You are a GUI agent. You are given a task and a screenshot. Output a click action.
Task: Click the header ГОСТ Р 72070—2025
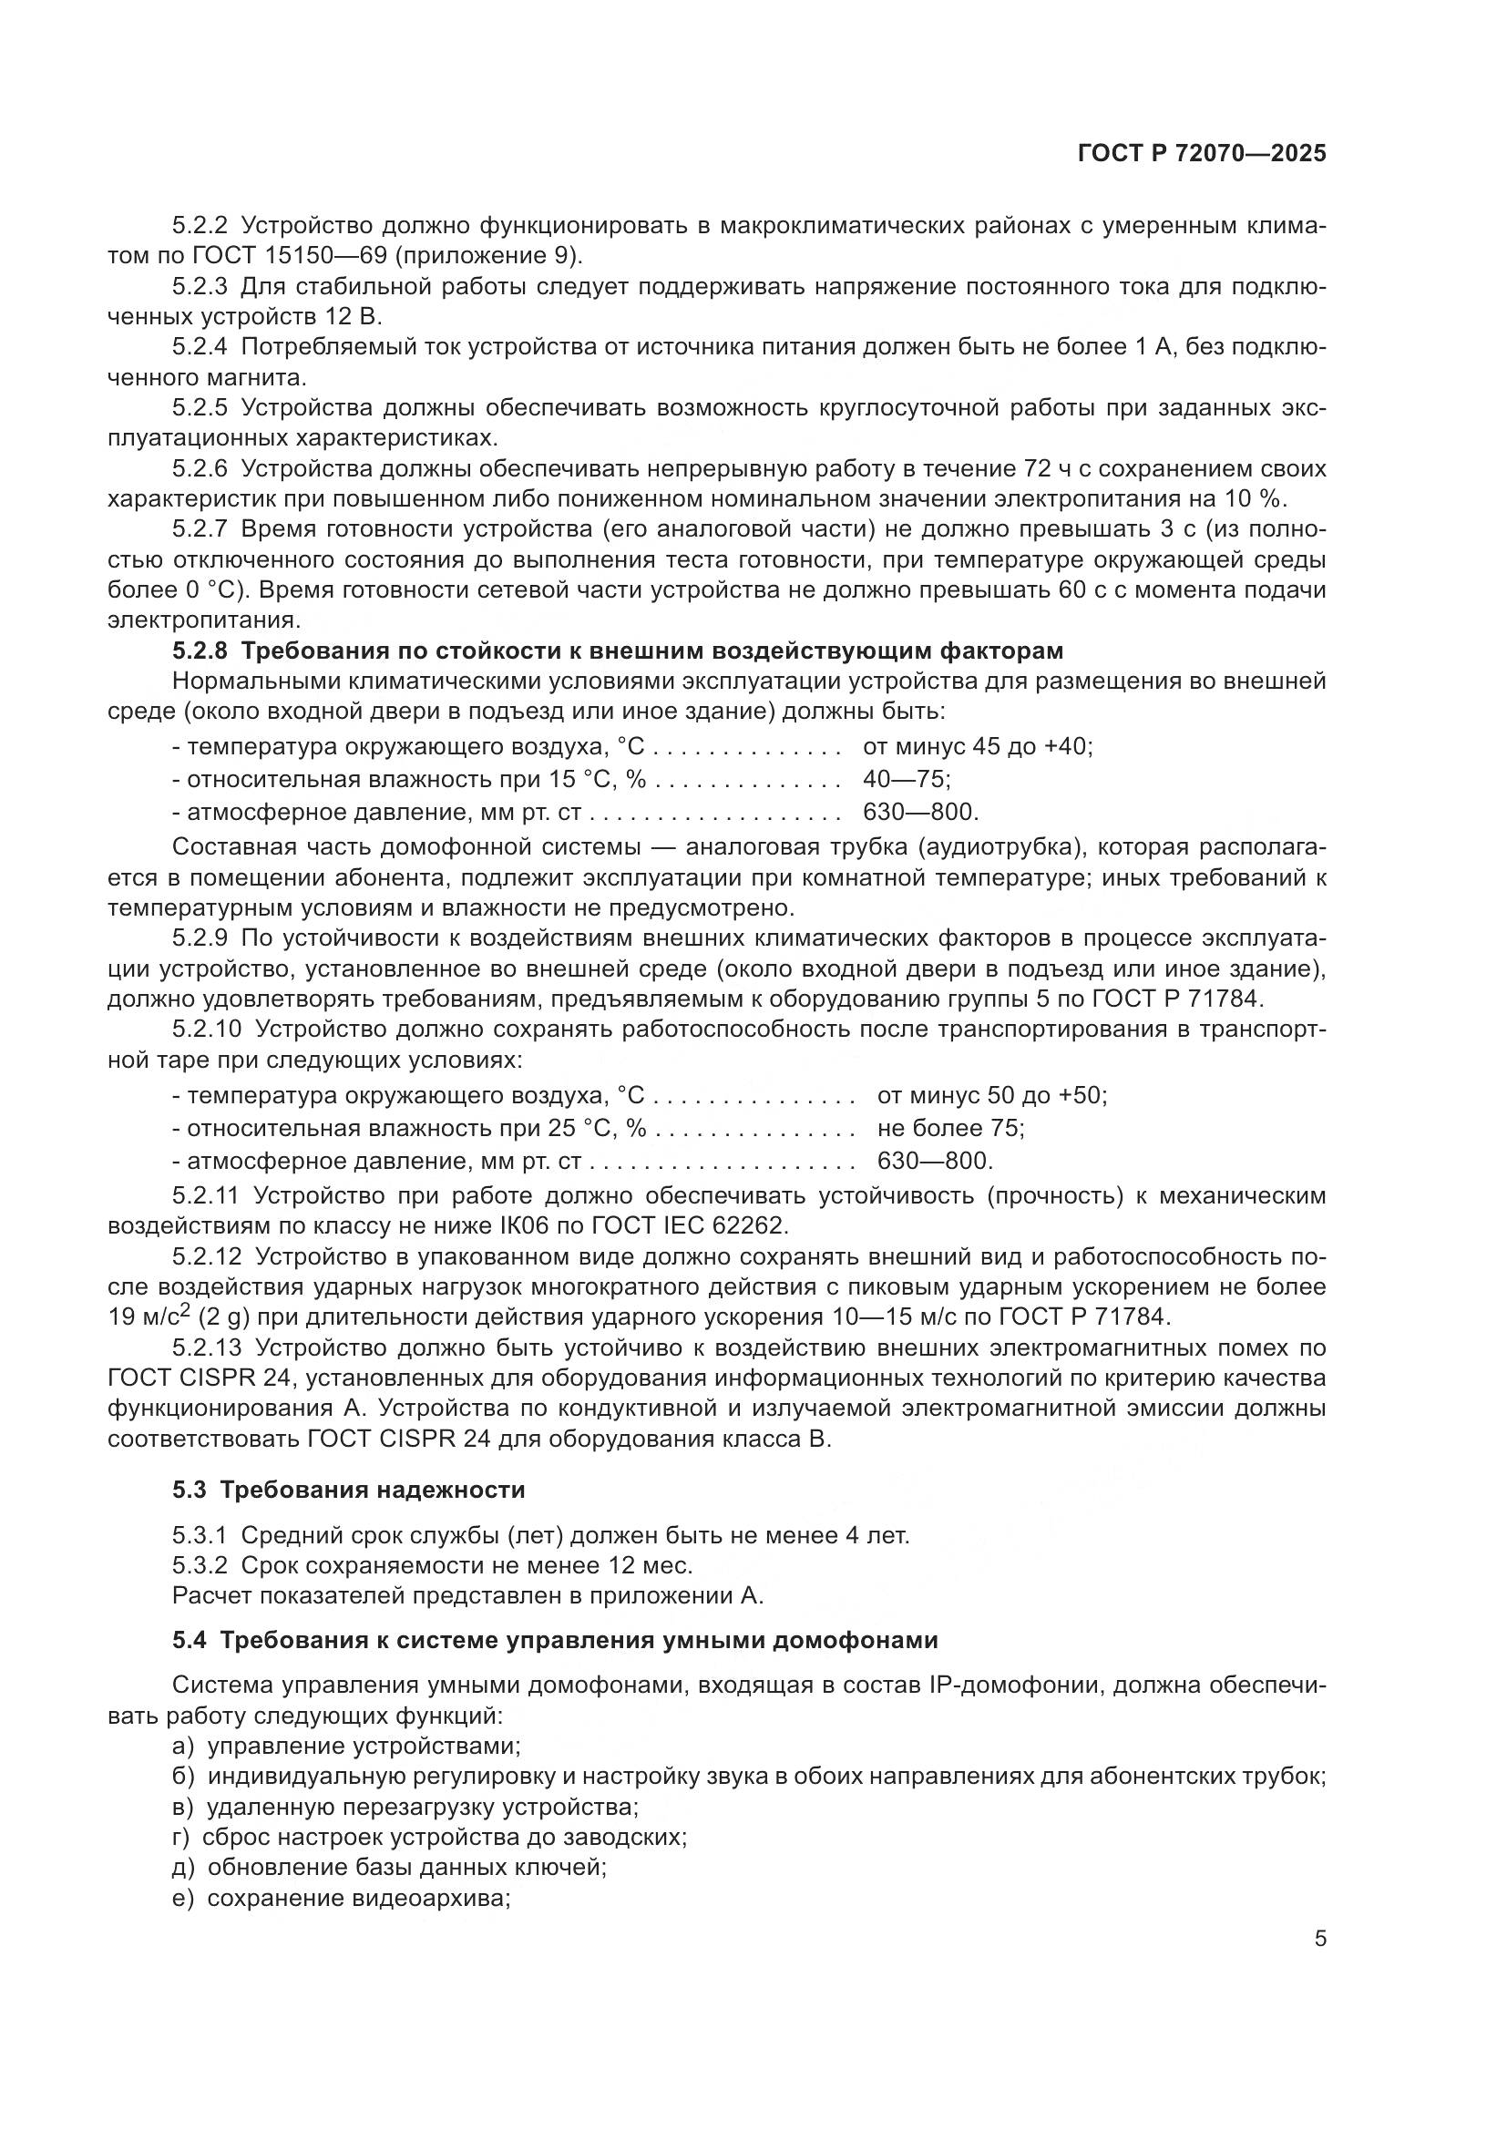tap(1201, 154)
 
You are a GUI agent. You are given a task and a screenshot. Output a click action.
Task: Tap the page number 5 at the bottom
tap(1319, 1939)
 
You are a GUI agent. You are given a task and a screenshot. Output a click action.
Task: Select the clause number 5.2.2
tap(200, 226)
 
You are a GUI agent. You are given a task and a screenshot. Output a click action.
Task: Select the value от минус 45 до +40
tap(977, 746)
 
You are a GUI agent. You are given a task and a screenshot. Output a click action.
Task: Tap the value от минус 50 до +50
tap(991, 1095)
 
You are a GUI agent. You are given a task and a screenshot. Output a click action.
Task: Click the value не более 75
tap(950, 1128)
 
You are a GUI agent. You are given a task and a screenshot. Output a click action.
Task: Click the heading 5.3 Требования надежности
tap(349, 1490)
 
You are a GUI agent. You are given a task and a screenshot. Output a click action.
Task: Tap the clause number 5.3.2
tap(200, 1566)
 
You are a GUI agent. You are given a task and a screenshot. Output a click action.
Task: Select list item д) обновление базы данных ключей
tap(389, 1868)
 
